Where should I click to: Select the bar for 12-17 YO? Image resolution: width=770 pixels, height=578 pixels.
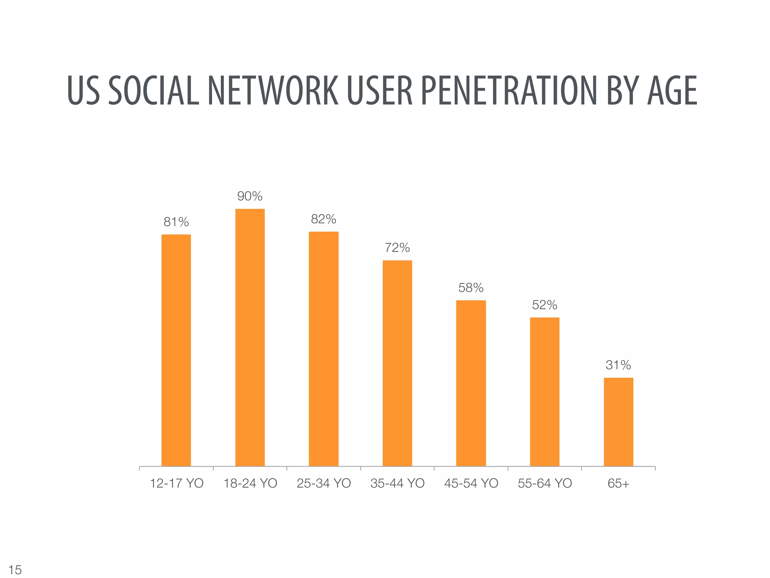click(x=176, y=350)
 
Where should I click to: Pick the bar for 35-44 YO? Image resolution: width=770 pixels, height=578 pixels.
click(x=397, y=363)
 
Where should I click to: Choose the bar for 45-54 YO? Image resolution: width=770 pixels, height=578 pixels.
click(x=471, y=383)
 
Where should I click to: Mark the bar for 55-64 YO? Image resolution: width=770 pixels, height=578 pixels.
click(x=544, y=392)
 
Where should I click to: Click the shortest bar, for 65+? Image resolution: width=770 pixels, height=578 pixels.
click(x=618, y=422)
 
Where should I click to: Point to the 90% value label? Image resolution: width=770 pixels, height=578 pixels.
click(x=250, y=196)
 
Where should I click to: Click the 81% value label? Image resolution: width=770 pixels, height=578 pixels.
click(x=176, y=222)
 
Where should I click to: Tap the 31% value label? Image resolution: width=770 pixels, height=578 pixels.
click(x=618, y=365)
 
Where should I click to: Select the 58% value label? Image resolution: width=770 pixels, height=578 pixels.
click(x=471, y=288)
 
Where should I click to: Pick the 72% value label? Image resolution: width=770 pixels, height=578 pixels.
click(x=397, y=248)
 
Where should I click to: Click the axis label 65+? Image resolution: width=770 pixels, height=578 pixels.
click(x=618, y=484)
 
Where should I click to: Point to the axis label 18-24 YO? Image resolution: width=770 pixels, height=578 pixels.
click(x=250, y=484)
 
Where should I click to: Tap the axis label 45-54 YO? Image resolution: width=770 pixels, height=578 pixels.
click(x=471, y=484)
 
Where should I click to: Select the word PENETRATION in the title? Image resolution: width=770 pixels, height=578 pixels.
click(x=509, y=91)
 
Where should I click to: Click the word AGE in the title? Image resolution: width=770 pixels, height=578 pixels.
click(x=672, y=91)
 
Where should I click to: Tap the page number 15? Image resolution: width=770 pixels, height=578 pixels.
click(x=15, y=570)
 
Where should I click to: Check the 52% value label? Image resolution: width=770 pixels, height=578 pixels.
click(x=544, y=305)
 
